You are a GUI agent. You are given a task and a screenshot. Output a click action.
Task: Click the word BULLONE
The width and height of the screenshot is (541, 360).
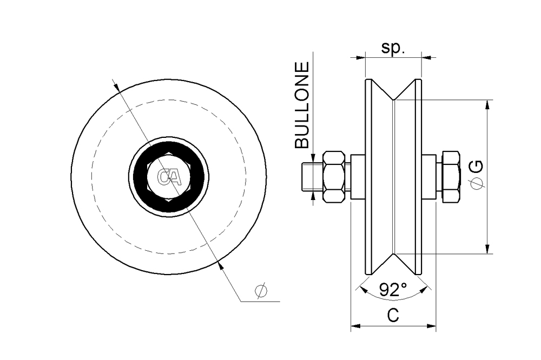[x=302, y=105]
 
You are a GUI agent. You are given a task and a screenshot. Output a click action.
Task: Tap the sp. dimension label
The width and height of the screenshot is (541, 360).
[x=393, y=48]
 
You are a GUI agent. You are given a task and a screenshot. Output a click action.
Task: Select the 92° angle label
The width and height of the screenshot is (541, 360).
[x=393, y=290]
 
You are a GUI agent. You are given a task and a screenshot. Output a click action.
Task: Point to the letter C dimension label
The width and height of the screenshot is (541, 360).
[x=393, y=315]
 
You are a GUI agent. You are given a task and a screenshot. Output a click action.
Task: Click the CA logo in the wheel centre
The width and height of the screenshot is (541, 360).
[x=169, y=177]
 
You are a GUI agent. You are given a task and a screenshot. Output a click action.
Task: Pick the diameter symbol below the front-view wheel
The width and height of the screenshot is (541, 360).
[x=261, y=291]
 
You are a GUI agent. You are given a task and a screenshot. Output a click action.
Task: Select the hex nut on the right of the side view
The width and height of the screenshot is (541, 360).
[x=451, y=177]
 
